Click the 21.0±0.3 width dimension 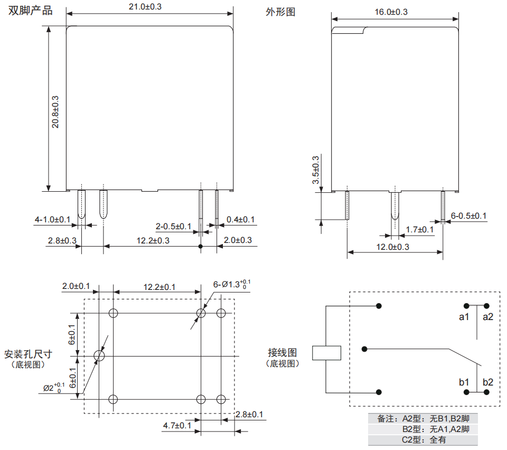tap(149, 6)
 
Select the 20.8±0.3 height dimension tap(55, 112)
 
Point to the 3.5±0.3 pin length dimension tap(316, 170)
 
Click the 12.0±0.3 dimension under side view tap(392, 247)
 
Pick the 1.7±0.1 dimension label tap(419, 229)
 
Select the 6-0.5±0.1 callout tap(468, 215)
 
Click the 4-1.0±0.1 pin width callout tap(52, 219)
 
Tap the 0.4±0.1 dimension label tap(240, 219)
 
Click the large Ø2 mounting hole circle tap(99, 356)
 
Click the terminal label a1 tap(464, 317)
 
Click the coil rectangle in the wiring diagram tap(326, 353)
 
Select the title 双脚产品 tap(31, 11)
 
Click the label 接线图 tap(283, 352)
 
